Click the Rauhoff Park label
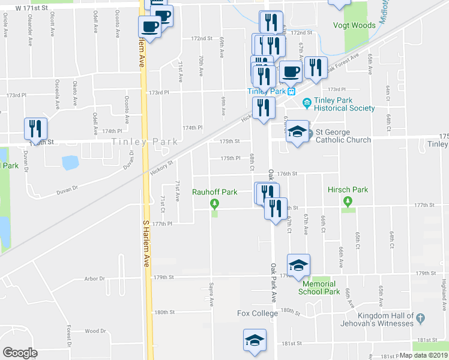tap(214, 192)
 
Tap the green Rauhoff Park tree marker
tap(214, 204)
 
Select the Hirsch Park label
tap(348, 190)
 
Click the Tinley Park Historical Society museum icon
tap(307, 103)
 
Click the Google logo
tap(20, 353)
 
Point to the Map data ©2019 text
tap(423, 355)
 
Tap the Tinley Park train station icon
tap(291, 92)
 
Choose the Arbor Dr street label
tap(95, 278)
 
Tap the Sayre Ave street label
tap(211, 294)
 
